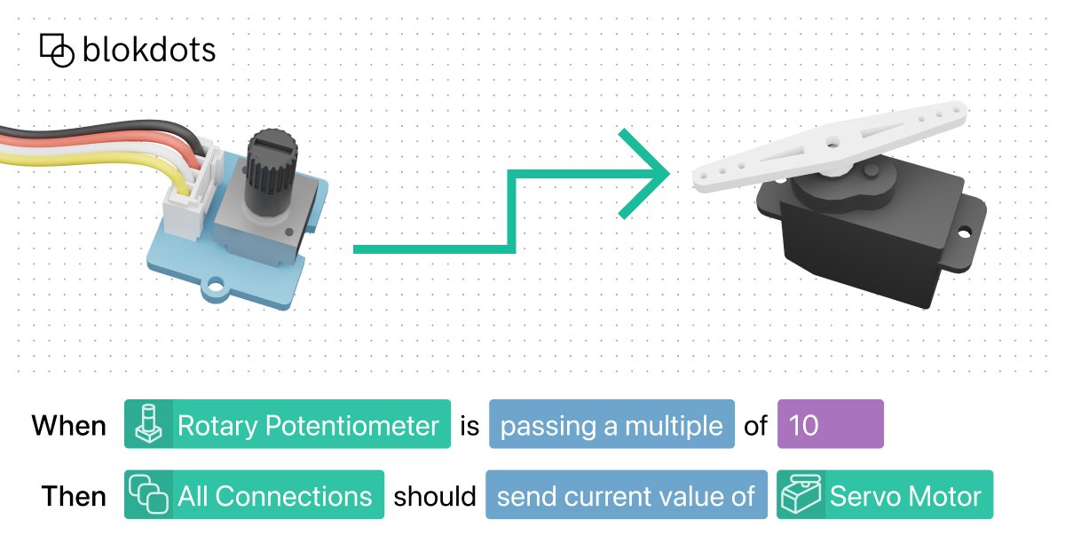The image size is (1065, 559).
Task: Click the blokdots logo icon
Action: coord(57,51)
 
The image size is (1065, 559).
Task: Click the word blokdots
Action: coord(148,50)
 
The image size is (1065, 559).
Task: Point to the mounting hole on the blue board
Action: coord(214,288)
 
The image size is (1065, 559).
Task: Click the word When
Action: coord(69,425)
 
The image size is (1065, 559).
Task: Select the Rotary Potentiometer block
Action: coord(288,425)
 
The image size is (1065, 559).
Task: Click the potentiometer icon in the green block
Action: coord(147,425)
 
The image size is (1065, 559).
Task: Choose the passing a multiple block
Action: coord(611,425)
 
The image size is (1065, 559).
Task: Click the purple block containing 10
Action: coord(830,425)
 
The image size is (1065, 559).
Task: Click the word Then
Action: coord(74,495)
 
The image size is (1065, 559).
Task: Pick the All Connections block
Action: coord(254,495)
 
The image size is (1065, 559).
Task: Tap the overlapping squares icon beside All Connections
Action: coord(148,495)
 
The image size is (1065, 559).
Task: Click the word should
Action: coord(435,495)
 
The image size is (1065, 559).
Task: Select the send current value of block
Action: coord(626,495)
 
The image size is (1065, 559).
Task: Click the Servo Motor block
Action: coord(885,495)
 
